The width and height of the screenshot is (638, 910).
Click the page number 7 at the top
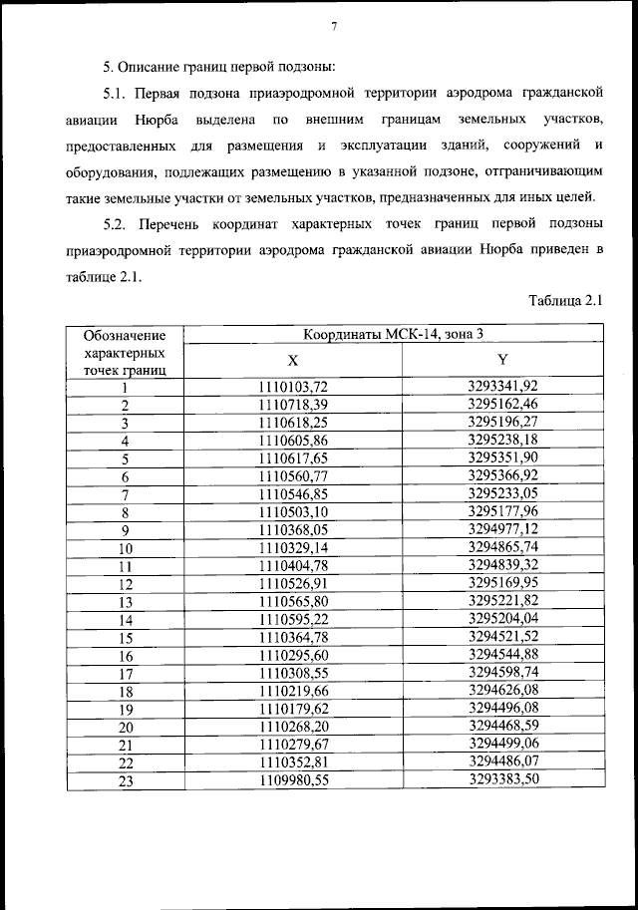point(334,26)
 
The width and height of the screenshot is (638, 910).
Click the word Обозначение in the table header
point(125,336)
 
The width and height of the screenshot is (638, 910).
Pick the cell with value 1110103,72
point(293,387)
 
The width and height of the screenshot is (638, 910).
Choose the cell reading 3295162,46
point(502,404)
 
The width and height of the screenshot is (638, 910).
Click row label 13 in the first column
point(126,602)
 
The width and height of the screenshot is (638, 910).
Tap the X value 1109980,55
point(293,780)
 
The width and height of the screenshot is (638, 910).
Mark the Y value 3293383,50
point(502,779)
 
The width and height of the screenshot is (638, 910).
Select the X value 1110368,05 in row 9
point(293,529)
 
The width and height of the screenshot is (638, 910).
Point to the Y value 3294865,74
point(502,547)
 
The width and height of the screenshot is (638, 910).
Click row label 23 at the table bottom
point(126,781)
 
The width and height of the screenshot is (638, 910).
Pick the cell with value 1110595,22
point(293,619)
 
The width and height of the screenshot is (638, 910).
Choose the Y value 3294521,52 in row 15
point(502,636)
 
